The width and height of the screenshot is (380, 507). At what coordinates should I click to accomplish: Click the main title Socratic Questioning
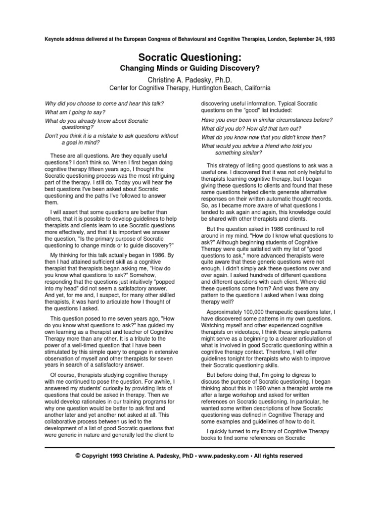pyautogui.click(x=190, y=57)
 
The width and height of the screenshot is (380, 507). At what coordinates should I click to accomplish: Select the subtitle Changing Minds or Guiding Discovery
pyautogui.click(x=190, y=68)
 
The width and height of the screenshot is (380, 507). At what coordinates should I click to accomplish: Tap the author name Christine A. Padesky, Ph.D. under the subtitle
pyautogui.click(x=190, y=79)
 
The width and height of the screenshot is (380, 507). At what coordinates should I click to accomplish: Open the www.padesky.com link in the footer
pyautogui.click(x=221, y=456)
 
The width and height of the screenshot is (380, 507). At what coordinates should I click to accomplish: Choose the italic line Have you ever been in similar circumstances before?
pyautogui.click(x=267, y=120)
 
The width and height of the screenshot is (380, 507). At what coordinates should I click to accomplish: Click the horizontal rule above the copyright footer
pyautogui.click(x=190, y=446)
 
